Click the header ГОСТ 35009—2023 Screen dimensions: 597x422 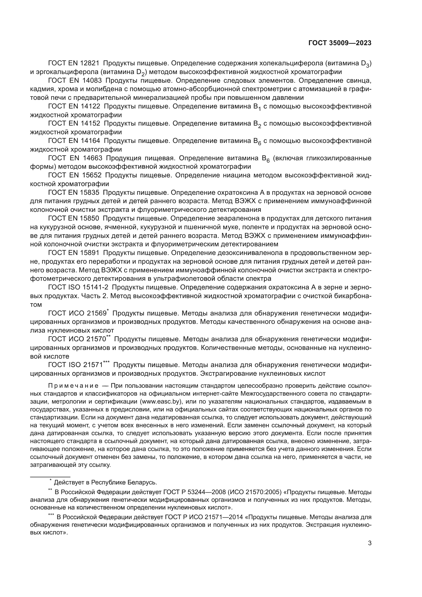(340, 43)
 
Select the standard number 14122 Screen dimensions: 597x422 (90, 106)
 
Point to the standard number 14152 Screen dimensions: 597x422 (90, 124)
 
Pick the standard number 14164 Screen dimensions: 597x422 (90, 141)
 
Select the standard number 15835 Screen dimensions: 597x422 (90, 193)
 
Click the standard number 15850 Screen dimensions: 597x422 (90, 218)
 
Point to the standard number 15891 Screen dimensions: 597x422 (90, 253)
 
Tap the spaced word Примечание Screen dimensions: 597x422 (73, 386)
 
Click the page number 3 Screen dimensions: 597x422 (370, 543)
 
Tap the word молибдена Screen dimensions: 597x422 (99, 89)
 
